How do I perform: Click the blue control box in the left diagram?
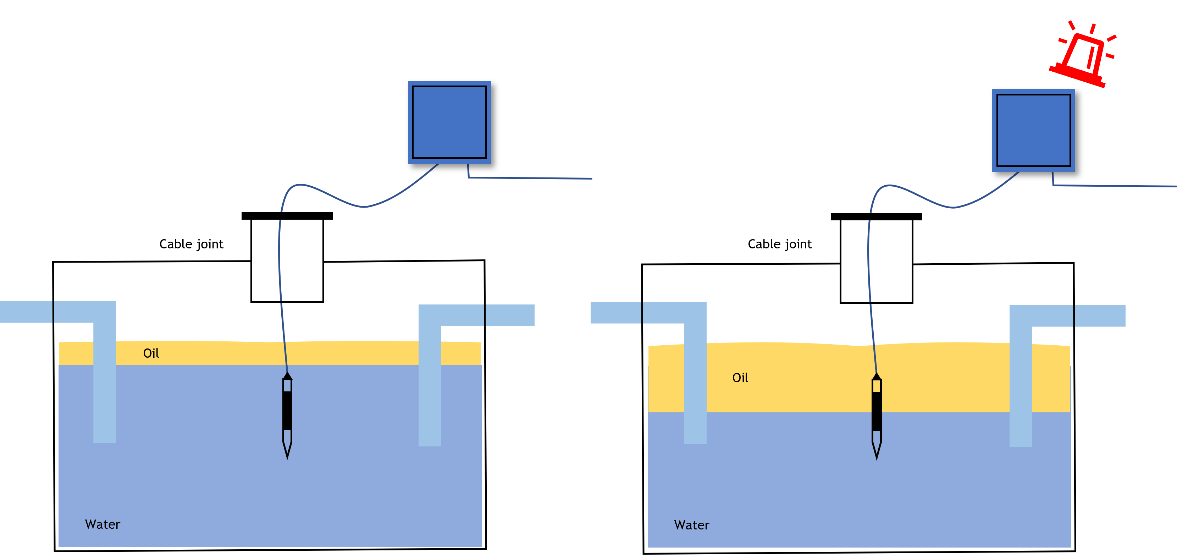(x=449, y=122)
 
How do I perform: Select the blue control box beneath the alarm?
(x=1034, y=130)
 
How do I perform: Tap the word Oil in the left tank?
(x=151, y=353)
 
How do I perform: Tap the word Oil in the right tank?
(x=740, y=378)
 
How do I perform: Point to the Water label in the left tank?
(x=103, y=524)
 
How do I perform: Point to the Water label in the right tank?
(x=692, y=525)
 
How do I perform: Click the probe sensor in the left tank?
(x=287, y=411)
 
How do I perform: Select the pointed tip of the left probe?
(x=287, y=452)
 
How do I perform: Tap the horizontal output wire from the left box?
(x=530, y=178)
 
